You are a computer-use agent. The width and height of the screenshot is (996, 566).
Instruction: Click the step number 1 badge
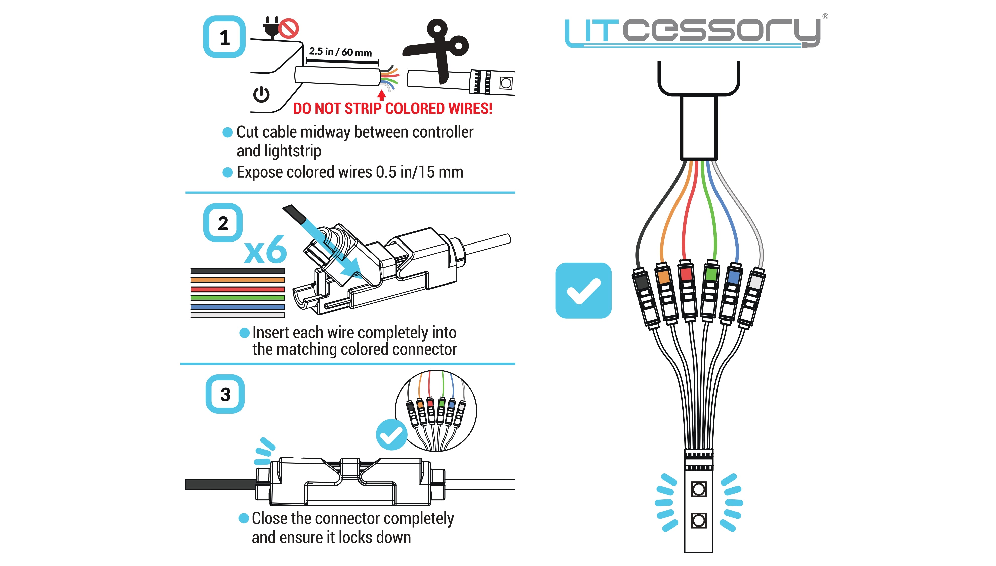point(224,37)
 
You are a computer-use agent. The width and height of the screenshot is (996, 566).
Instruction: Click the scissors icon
point(439,49)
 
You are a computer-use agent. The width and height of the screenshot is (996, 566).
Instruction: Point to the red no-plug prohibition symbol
point(289,28)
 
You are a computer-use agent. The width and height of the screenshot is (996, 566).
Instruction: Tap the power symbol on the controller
point(261,94)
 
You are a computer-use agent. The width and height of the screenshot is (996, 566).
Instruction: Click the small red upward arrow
point(382,95)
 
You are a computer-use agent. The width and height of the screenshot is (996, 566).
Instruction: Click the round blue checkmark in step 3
point(391,435)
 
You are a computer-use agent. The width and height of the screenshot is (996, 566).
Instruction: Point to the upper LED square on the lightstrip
point(699,489)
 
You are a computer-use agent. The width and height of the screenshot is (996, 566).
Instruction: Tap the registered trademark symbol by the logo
point(825,16)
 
